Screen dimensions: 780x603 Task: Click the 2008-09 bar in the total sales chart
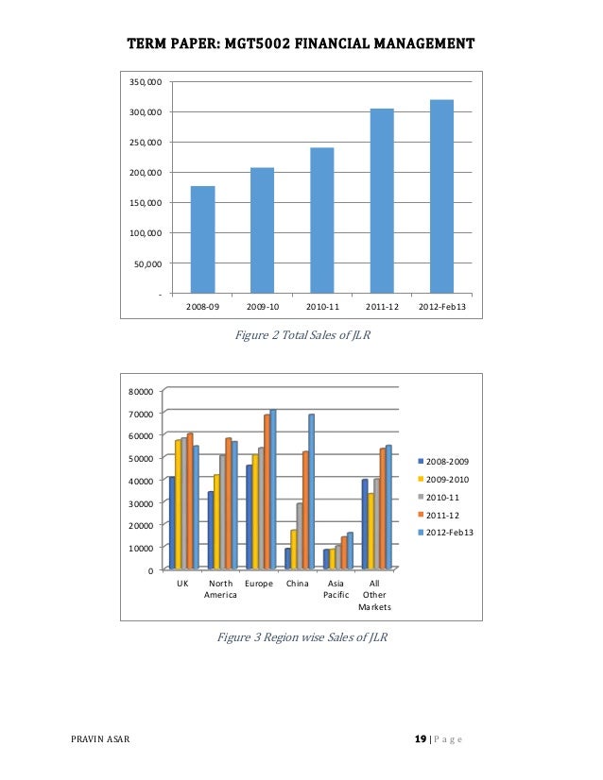(202, 239)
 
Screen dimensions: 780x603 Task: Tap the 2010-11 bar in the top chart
(321, 220)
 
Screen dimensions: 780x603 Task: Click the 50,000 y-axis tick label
(146, 263)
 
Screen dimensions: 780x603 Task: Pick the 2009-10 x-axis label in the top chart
(262, 308)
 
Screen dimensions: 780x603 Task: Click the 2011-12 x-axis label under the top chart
(382, 308)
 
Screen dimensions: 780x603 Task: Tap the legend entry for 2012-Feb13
(446, 533)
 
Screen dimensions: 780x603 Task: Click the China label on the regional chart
(297, 584)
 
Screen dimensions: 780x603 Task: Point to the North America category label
(220, 589)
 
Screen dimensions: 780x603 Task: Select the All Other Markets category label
(374, 595)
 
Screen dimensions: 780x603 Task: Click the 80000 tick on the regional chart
(141, 390)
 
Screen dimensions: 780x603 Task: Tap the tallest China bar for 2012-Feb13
(311, 491)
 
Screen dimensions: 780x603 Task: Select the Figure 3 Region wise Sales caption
(301, 637)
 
